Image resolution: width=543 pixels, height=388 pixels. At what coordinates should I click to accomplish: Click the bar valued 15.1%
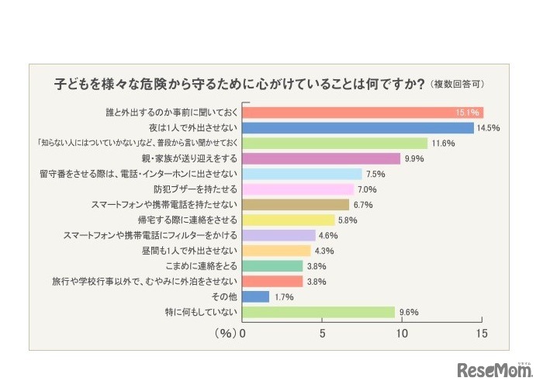(x=363, y=113)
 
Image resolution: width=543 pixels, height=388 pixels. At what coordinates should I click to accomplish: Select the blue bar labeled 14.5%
(x=358, y=128)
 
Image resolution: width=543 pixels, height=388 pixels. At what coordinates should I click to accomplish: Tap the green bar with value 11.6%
(x=335, y=143)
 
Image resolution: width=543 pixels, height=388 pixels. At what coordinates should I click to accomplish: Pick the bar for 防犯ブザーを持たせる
(x=299, y=189)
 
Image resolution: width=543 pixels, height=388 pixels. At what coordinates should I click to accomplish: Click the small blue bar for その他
(x=256, y=296)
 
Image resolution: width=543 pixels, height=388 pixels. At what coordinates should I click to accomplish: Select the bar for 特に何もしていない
(x=319, y=312)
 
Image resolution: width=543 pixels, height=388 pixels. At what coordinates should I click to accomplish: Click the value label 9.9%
(x=414, y=159)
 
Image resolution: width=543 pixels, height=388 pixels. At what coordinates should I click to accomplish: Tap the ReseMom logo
(x=493, y=369)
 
